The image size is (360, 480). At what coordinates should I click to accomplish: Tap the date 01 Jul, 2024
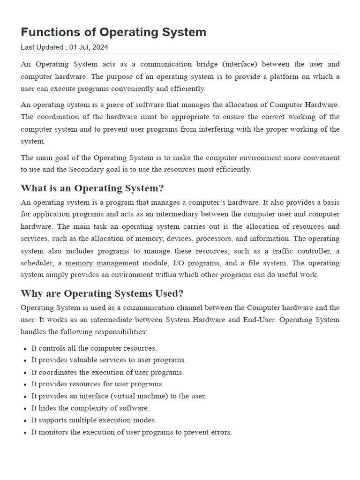pos(89,47)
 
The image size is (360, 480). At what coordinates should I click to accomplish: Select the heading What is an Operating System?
pos(92,188)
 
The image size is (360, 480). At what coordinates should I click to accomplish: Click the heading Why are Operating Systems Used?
pos(102,293)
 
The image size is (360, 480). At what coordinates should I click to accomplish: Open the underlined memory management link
pos(102,263)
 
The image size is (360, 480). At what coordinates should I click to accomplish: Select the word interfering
pos(218,129)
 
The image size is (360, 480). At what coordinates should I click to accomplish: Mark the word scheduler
pos(38,263)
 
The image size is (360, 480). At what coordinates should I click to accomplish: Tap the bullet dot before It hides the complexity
pos(24,408)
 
